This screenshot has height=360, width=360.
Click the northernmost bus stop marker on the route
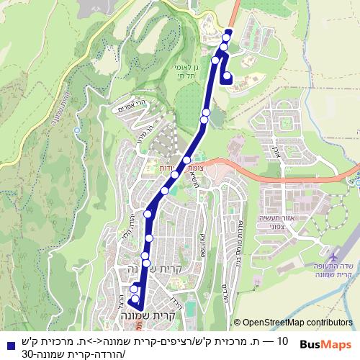pos(229,33)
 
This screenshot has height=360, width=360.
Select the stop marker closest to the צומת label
pos(187,161)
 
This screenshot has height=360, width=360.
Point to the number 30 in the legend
pos(27,353)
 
